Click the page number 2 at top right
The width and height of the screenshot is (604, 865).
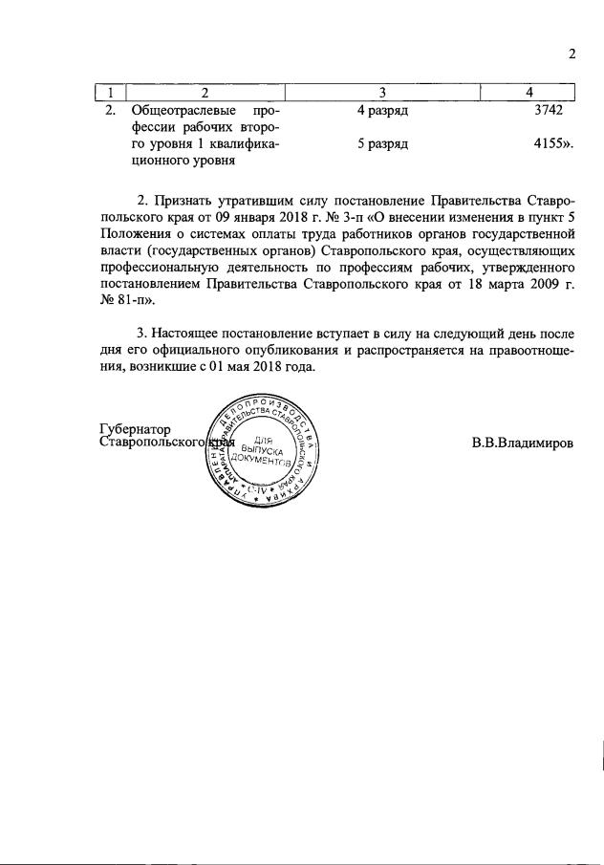pos(572,54)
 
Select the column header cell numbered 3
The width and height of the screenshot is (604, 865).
pos(382,92)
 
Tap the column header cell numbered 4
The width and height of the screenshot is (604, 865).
pos(528,92)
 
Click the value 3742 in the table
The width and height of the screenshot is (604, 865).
pos(551,111)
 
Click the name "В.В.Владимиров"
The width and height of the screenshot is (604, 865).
pos(523,443)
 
